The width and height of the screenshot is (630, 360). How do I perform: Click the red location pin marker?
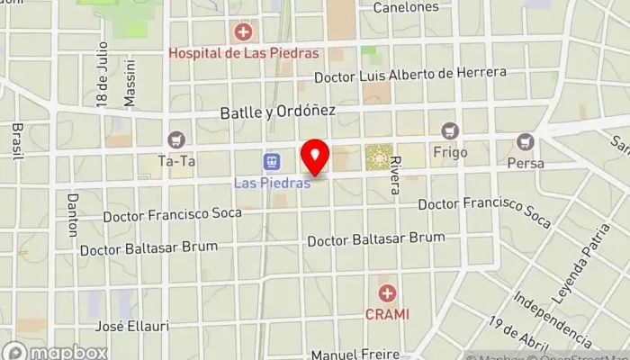tap(314, 157)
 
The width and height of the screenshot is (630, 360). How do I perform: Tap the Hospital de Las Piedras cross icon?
tap(243, 33)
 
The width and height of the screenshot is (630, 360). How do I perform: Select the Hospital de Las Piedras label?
tap(244, 53)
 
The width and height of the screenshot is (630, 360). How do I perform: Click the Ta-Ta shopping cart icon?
tap(175, 139)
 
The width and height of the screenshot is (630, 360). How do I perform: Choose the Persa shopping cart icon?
tap(526, 142)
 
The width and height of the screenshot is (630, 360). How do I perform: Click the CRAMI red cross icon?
tap(387, 293)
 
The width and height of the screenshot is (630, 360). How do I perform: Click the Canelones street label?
tap(406, 7)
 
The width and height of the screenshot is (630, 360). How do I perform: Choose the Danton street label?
tap(73, 214)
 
